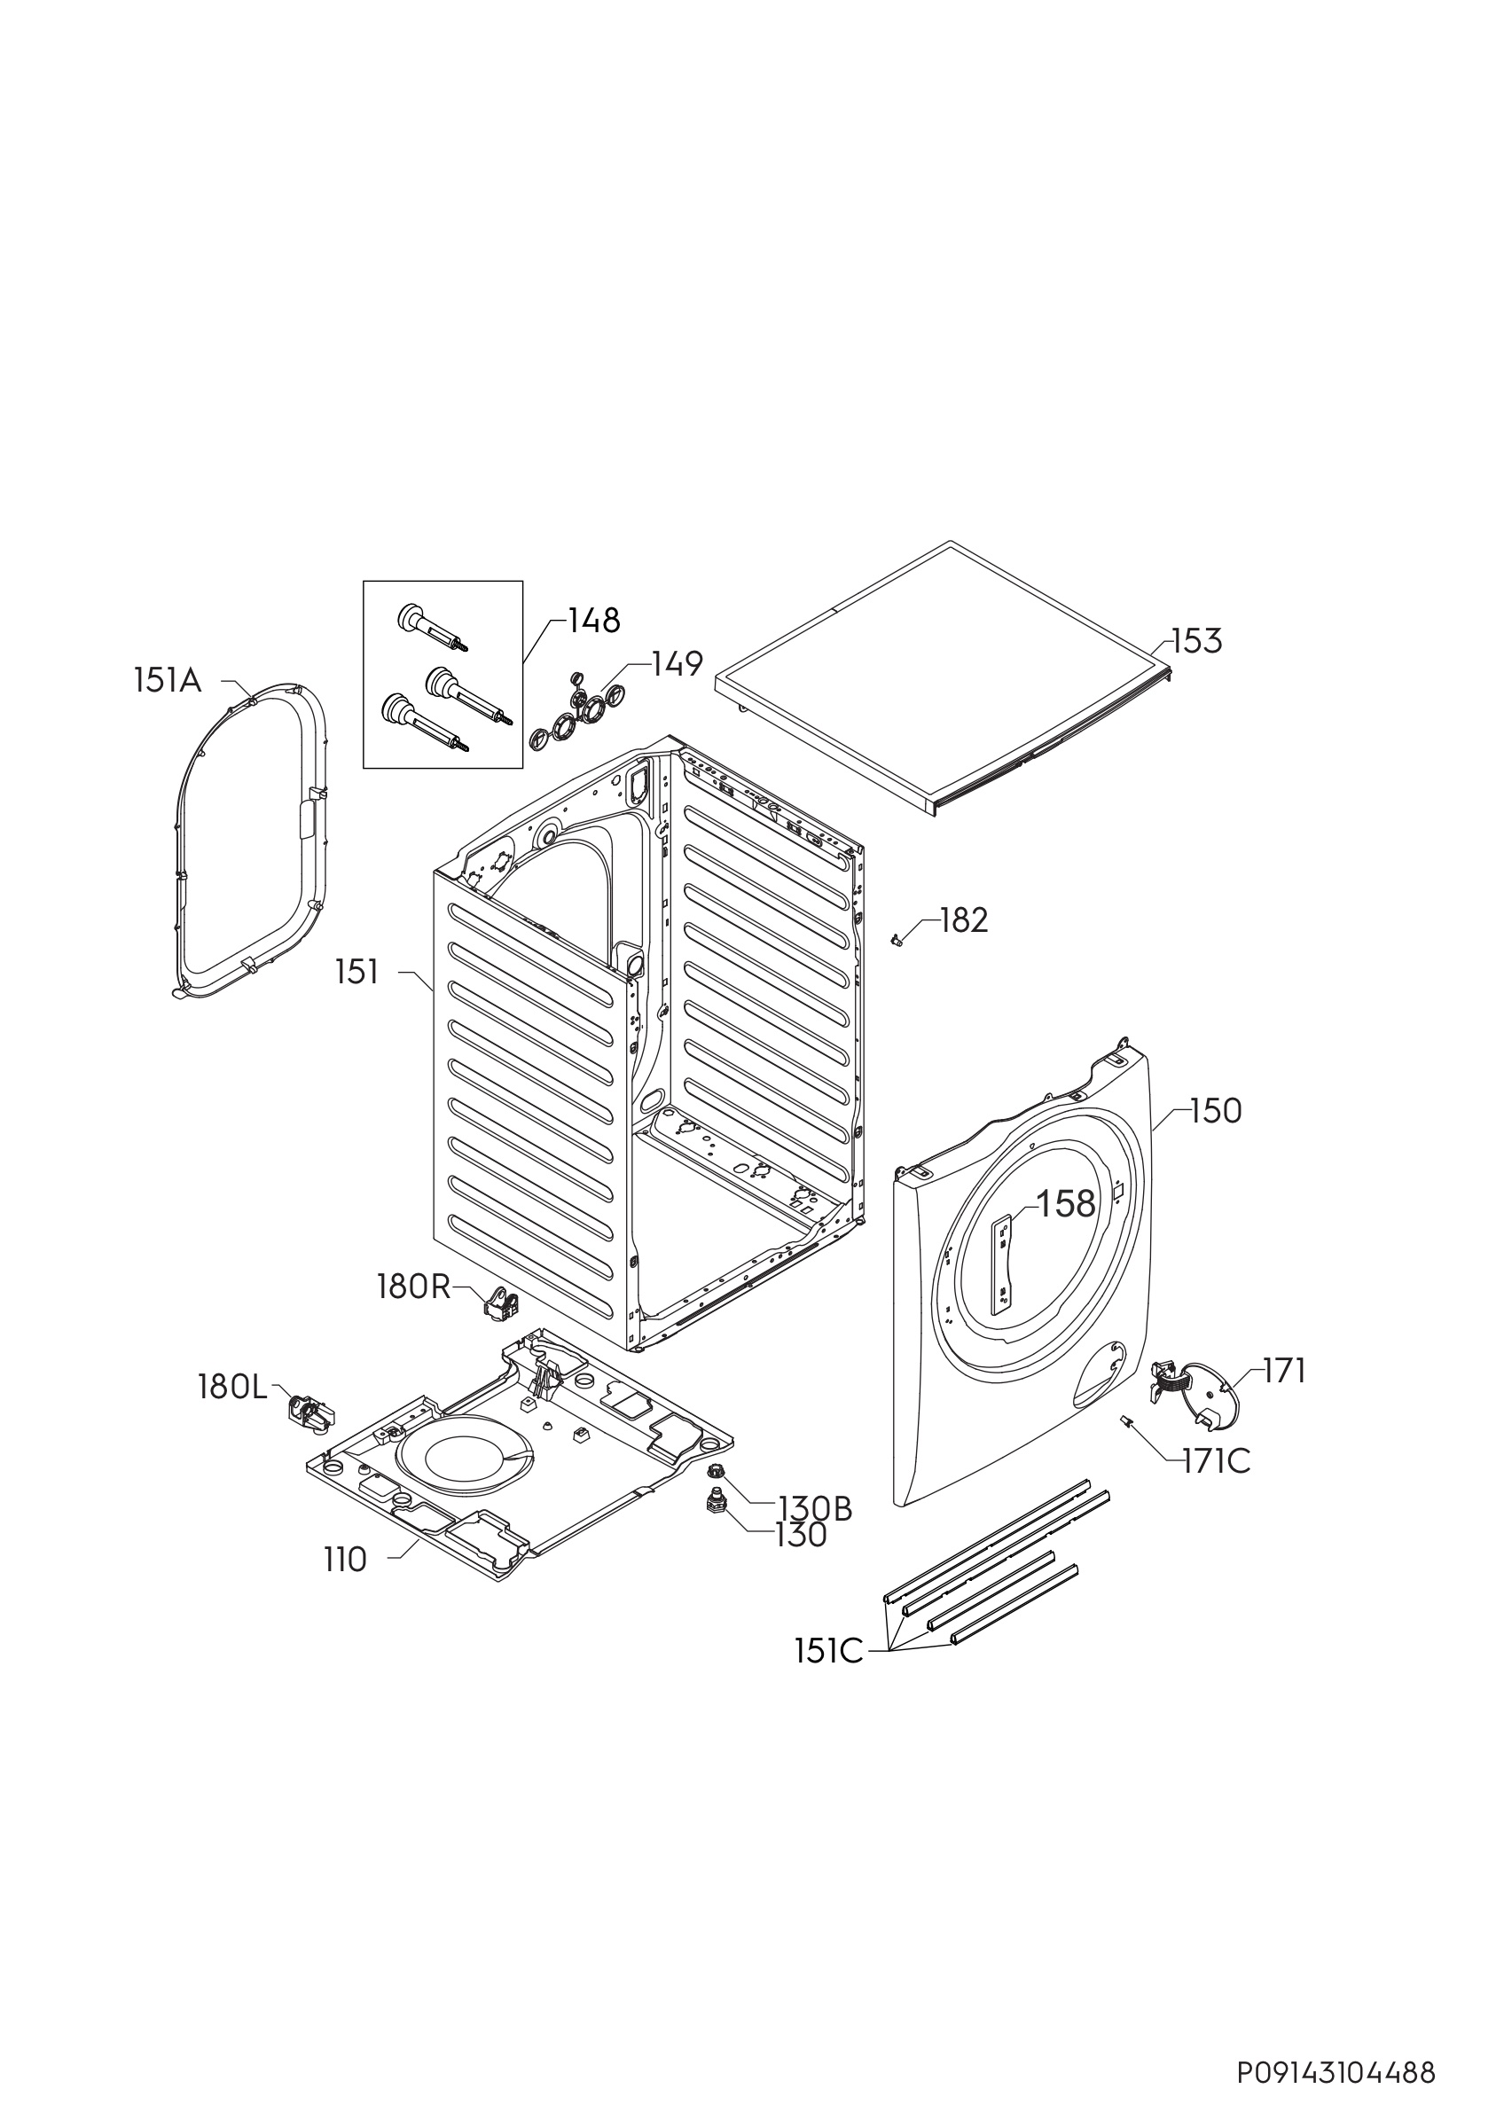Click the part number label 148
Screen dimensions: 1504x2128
594,620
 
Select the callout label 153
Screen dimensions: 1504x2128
1197,640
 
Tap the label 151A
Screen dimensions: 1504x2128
167,681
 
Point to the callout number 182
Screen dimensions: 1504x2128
964,920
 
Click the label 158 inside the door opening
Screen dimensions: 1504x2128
1066,1204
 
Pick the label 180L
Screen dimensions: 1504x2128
231,1388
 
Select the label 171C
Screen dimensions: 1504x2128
1217,1461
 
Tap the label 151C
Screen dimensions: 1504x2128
828,1651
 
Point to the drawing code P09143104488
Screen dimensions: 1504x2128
1336,2072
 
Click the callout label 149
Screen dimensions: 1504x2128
677,663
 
